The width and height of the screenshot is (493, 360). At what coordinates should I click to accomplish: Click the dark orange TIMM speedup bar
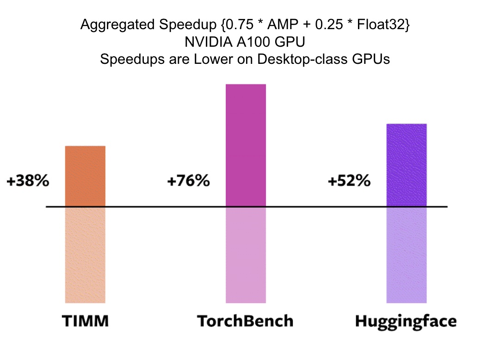click(x=85, y=176)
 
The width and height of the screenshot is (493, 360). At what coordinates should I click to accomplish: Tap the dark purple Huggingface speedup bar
click(x=406, y=165)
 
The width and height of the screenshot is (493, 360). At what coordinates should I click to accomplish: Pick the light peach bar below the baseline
click(x=85, y=254)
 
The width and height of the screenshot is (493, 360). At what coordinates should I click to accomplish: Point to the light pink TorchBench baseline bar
click(x=246, y=254)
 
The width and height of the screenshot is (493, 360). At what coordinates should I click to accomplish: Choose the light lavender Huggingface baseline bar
click(x=406, y=254)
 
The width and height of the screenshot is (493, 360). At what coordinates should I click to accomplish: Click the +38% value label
click(x=28, y=181)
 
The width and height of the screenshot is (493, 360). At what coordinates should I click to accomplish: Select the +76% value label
click(x=188, y=181)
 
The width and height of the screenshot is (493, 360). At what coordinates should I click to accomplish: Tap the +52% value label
click(x=349, y=181)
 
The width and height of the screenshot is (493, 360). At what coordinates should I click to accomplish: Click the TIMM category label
click(x=86, y=321)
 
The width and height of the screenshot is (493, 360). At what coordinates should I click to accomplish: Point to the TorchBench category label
click(x=245, y=321)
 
